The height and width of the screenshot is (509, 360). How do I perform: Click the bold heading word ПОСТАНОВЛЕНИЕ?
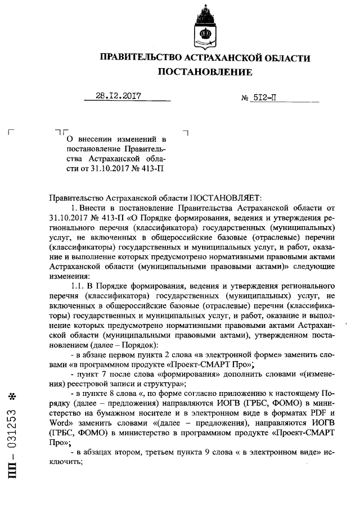tap(205, 72)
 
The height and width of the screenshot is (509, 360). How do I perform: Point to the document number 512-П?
tap(265, 97)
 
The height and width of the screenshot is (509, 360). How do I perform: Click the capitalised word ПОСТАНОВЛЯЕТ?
tap(223, 197)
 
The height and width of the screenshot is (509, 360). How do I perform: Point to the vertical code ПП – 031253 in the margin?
tap(12, 451)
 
